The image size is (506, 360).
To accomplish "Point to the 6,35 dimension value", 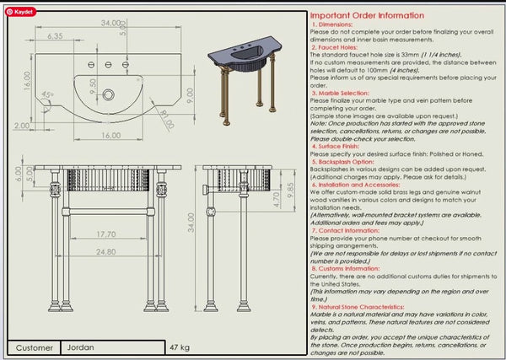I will [56, 36].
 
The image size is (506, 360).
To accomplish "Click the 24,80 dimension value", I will [105, 252].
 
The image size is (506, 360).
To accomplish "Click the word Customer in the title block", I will [34, 347].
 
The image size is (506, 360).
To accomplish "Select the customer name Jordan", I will [82, 347].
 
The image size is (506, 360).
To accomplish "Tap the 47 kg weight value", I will [180, 347].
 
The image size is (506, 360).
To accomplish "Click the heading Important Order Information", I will [367, 15].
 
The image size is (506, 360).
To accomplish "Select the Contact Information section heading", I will [349, 229].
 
